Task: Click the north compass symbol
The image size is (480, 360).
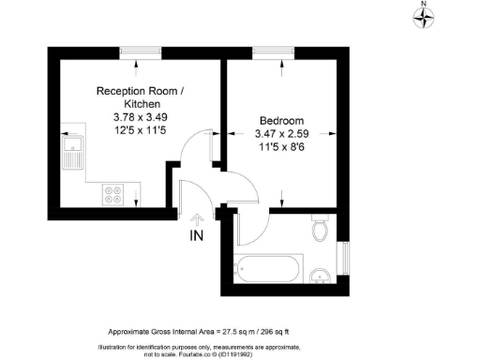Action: coord(424,15)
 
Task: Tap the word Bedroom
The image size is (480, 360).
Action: coord(280,122)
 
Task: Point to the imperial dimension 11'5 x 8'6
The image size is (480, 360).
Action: coord(280,149)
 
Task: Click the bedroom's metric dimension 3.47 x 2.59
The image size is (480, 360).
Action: coord(280,135)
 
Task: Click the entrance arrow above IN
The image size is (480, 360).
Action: coord(196,218)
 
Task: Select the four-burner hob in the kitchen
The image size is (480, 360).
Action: coord(115,195)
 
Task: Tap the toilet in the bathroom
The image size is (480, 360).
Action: coord(320,229)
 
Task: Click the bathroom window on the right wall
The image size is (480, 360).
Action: coord(343,259)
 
